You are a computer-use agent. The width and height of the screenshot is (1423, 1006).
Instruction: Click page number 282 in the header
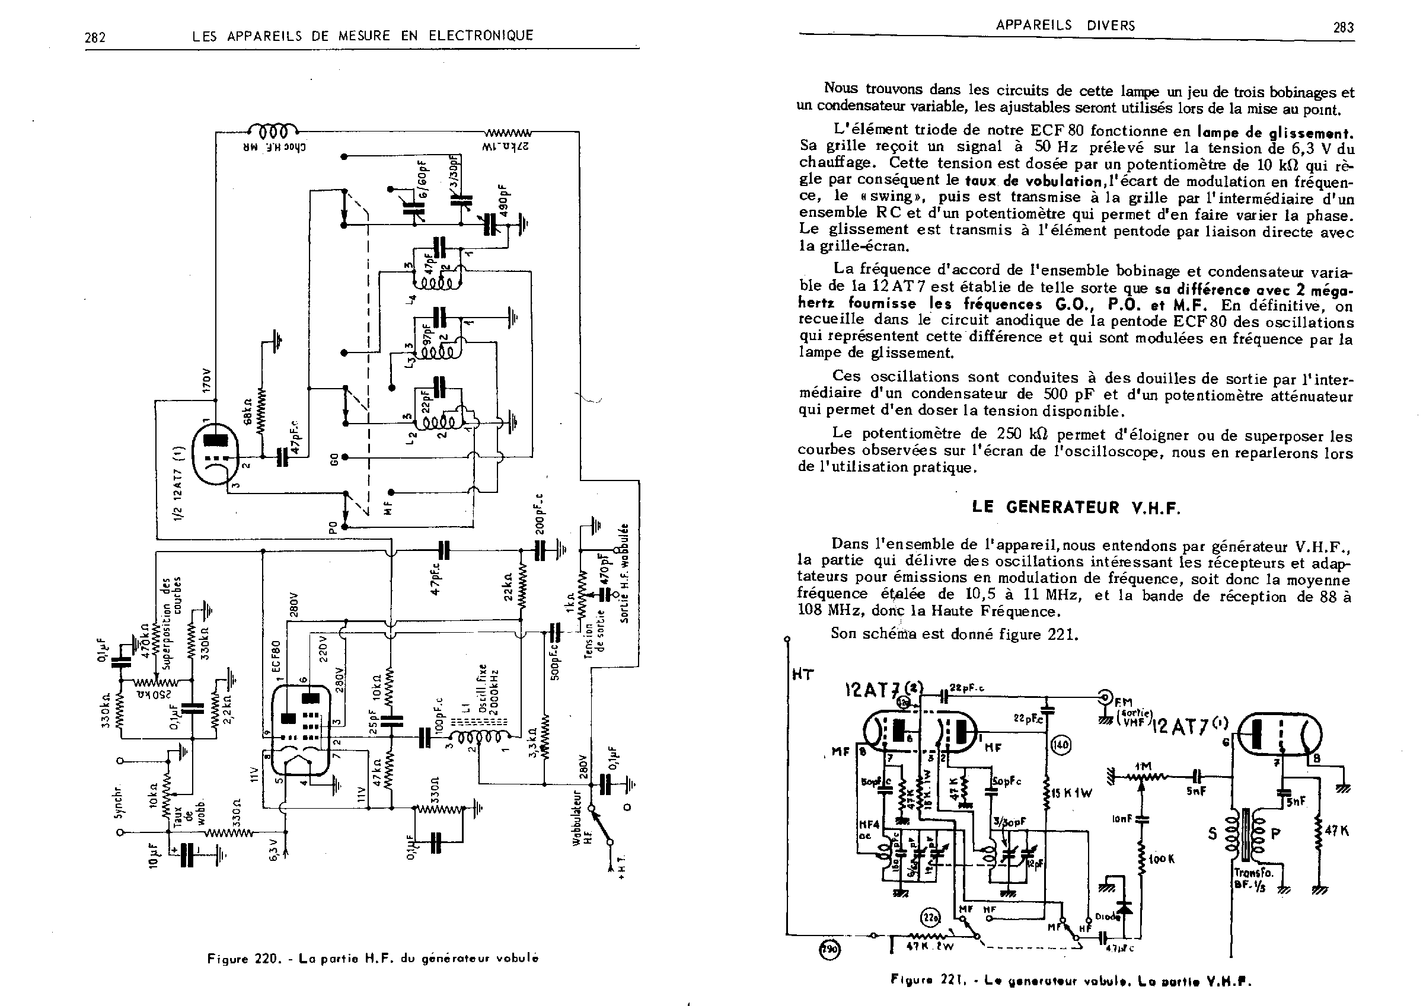tap(95, 38)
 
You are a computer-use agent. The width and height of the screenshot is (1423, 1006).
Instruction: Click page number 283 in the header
tap(1343, 27)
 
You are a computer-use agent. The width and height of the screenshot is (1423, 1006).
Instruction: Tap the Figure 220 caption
tap(372, 958)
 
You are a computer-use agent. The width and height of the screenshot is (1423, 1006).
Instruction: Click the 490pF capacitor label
tap(504, 200)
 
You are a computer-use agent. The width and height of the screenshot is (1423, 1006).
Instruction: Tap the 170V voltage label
tap(207, 380)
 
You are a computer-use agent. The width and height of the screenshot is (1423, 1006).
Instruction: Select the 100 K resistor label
tap(1162, 859)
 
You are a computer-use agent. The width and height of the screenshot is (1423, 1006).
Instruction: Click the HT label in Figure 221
tap(803, 675)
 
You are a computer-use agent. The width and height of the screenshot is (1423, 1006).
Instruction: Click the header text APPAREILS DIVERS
tap(1065, 25)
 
